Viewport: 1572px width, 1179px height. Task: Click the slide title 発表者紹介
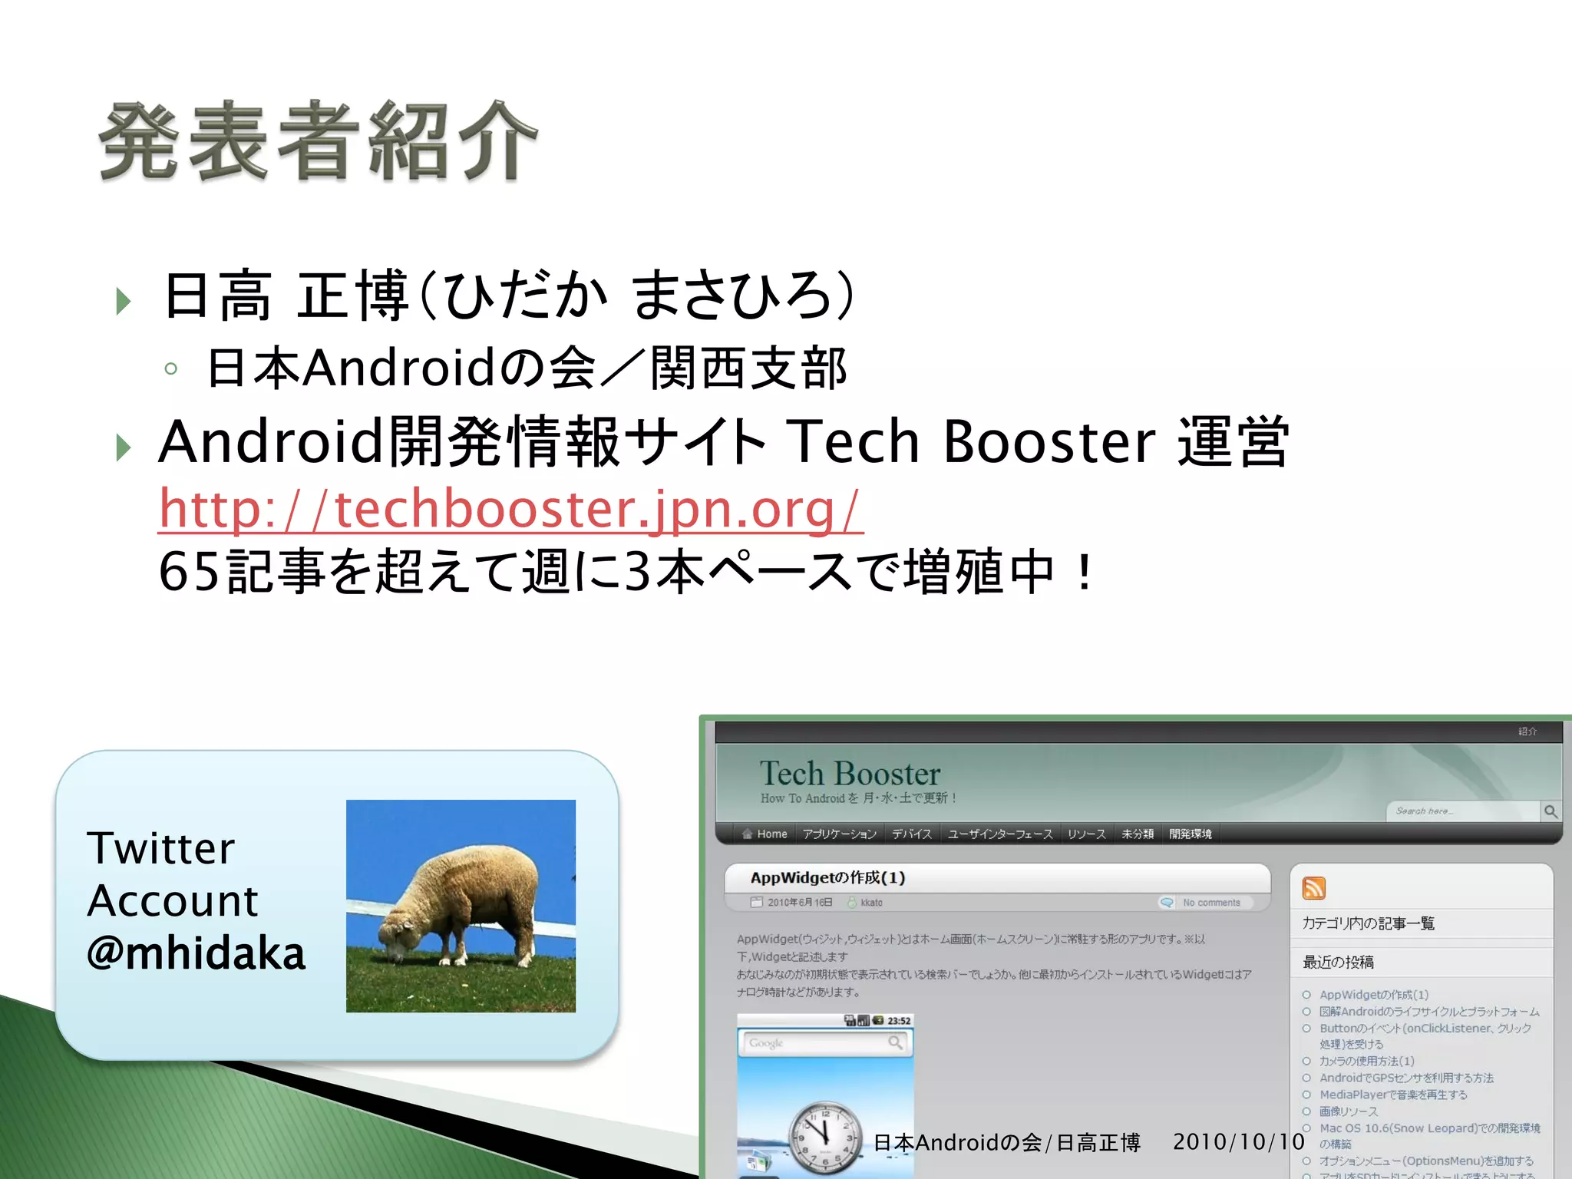click(x=318, y=142)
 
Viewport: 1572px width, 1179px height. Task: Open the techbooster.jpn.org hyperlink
click(x=510, y=509)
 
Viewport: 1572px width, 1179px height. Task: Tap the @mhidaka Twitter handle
click(x=196, y=953)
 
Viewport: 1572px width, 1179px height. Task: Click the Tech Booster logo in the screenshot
click(x=850, y=774)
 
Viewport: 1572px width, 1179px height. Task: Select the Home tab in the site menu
click(x=765, y=834)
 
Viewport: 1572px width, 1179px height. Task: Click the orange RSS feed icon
click(x=1313, y=888)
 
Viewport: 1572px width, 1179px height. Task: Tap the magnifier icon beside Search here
click(x=1551, y=811)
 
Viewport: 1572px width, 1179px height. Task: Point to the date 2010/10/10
click(x=1238, y=1141)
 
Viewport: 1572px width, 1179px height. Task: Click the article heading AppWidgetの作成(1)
click(x=827, y=877)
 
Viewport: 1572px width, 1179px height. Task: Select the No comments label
click(x=1210, y=903)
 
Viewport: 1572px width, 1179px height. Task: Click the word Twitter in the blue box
click(x=161, y=848)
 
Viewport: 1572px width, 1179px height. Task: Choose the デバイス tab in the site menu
click(x=911, y=834)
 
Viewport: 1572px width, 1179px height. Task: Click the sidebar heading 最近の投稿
click(x=1338, y=962)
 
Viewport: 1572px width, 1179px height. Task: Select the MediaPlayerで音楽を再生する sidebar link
click(x=1392, y=1095)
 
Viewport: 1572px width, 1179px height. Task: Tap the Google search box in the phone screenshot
click(x=817, y=1043)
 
